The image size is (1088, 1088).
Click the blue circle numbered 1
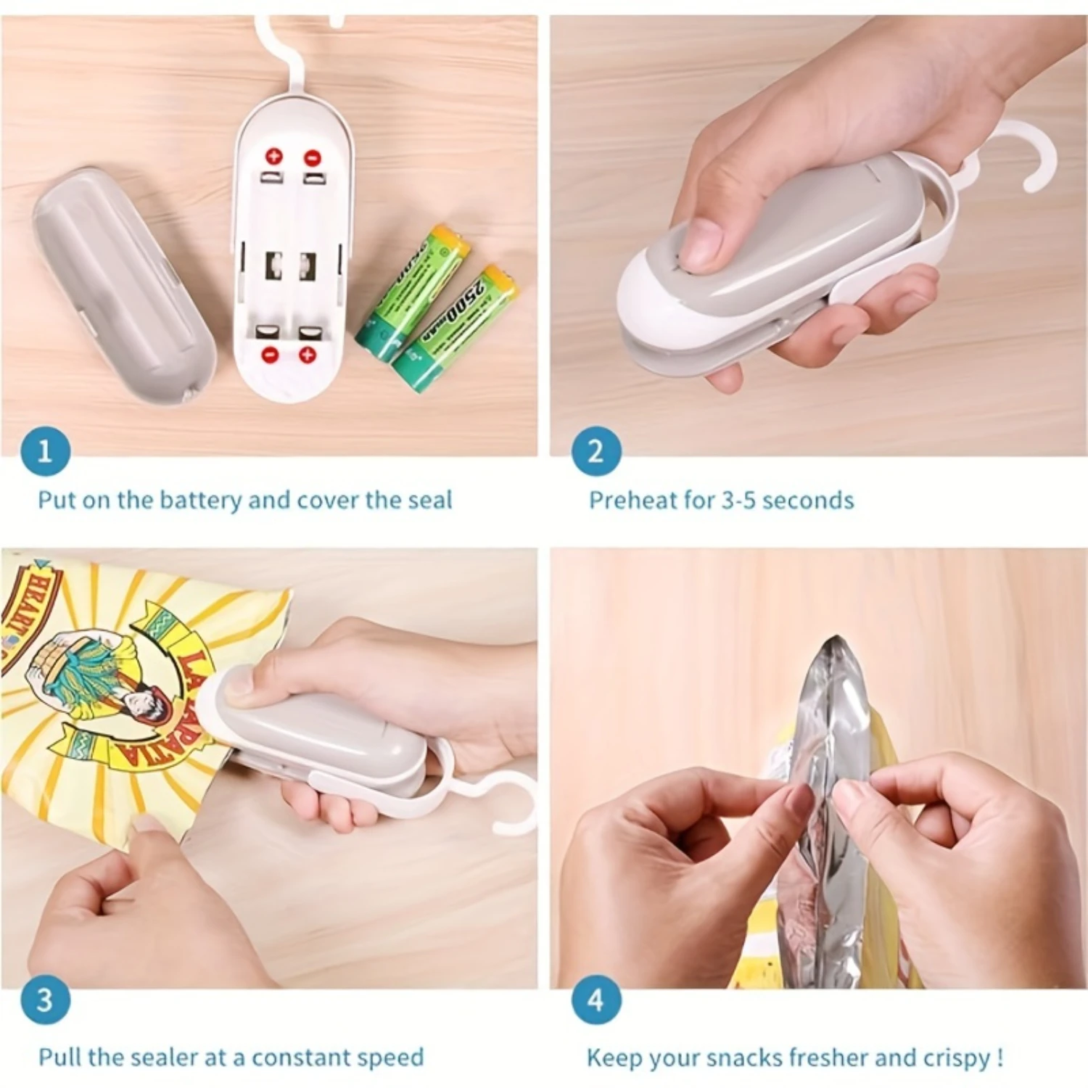pyautogui.click(x=45, y=451)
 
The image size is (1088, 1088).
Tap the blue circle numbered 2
pyautogui.click(x=596, y=451)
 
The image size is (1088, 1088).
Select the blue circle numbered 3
pyautogui.click(x=45, y=1000)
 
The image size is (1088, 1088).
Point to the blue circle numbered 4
pyautogui.click(x=596, y=1000)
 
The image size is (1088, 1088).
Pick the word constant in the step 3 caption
pyautogui.click(x=301, y=1058)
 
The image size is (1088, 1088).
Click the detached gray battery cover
pyautogui.click(x=123, y=283)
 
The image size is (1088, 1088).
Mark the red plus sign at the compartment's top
pyautogui.click(x=273, y=156)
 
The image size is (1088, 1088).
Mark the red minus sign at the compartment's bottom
pyautogui.click(x=270, y=355)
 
